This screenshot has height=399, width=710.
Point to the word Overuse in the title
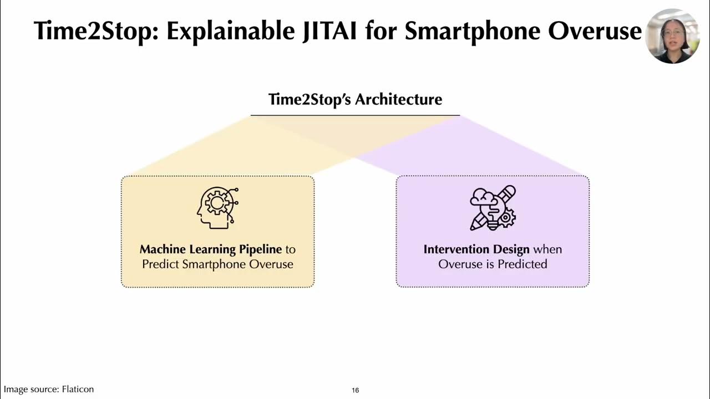pyautogui.click(x=595, y=30)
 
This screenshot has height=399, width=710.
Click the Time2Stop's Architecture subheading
pyautogui.click(x=355, y=100)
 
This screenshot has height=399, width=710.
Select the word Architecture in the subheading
pyautogui.click(x=398, y=100)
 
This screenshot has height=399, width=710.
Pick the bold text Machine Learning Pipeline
pyautogui.click(x=211, y=249)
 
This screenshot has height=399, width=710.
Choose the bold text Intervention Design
pyautogui.click(x=476, y=249)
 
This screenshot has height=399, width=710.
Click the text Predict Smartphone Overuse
pyautogui.click(x=217, y=264)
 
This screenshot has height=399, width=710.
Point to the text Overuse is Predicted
pyautogui.click(x=493, y=264)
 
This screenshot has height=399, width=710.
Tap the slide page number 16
pyautogui.click(x=356, y=390)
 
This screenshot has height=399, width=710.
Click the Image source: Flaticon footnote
pyautogui.click(x=49, y=390)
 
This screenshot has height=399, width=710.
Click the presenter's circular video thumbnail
pyautogui.click(x=672, y=36)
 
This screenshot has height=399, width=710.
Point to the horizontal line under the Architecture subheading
pyautogui.click(x=355, y=115)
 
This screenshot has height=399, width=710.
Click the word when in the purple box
pyautogui.click(x=547, y=249)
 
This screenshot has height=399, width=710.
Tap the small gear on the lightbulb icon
pyautogui.click(x=506, y=218)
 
